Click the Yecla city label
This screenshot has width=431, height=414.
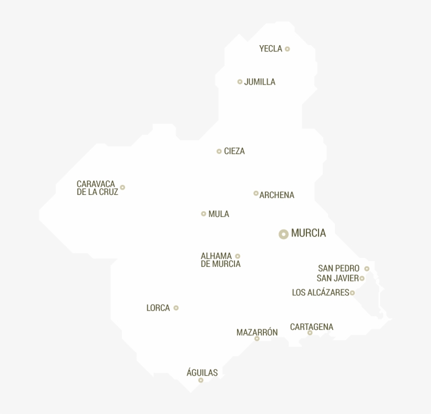[271, 49]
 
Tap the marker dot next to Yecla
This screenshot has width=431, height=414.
[287, 49]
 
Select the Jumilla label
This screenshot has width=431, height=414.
[260, 82]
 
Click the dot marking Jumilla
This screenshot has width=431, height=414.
[240, 81]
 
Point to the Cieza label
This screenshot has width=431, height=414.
[234, 151]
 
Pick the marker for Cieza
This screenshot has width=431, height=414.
[219, 151]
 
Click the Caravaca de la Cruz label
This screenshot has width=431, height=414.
[97, 188]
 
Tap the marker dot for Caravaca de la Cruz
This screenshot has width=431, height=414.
[122, 187]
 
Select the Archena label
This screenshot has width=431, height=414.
[276, 195]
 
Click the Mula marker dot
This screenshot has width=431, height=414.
[203, 214]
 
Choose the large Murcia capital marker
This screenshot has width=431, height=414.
[283, 234]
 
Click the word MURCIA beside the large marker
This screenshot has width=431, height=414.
[309, 233]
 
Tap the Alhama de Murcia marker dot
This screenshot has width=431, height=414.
[238, 256]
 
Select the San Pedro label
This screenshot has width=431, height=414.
[338, 268]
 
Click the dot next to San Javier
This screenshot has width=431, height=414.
[362, 278]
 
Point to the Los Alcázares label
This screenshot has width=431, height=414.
[320, 293]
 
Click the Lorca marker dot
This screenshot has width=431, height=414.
[176, 308]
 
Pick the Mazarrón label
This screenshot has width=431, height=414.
[257, 332]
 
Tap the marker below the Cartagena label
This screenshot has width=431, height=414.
[310, 333]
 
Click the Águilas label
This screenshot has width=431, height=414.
[202, 372]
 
